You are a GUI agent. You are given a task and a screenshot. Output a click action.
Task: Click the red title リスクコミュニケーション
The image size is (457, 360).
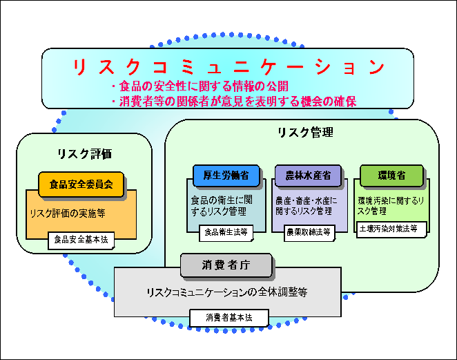228,67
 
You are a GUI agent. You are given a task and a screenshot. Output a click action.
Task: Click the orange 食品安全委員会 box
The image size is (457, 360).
81,184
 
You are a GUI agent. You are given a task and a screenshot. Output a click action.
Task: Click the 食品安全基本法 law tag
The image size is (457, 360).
82,240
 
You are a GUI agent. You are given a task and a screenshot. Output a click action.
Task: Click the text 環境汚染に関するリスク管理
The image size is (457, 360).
391,205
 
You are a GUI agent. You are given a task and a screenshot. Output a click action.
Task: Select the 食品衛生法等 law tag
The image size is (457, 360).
224,233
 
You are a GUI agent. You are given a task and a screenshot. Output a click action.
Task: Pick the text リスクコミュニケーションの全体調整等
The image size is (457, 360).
226,292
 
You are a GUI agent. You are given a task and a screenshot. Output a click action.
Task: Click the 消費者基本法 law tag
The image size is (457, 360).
228,318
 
